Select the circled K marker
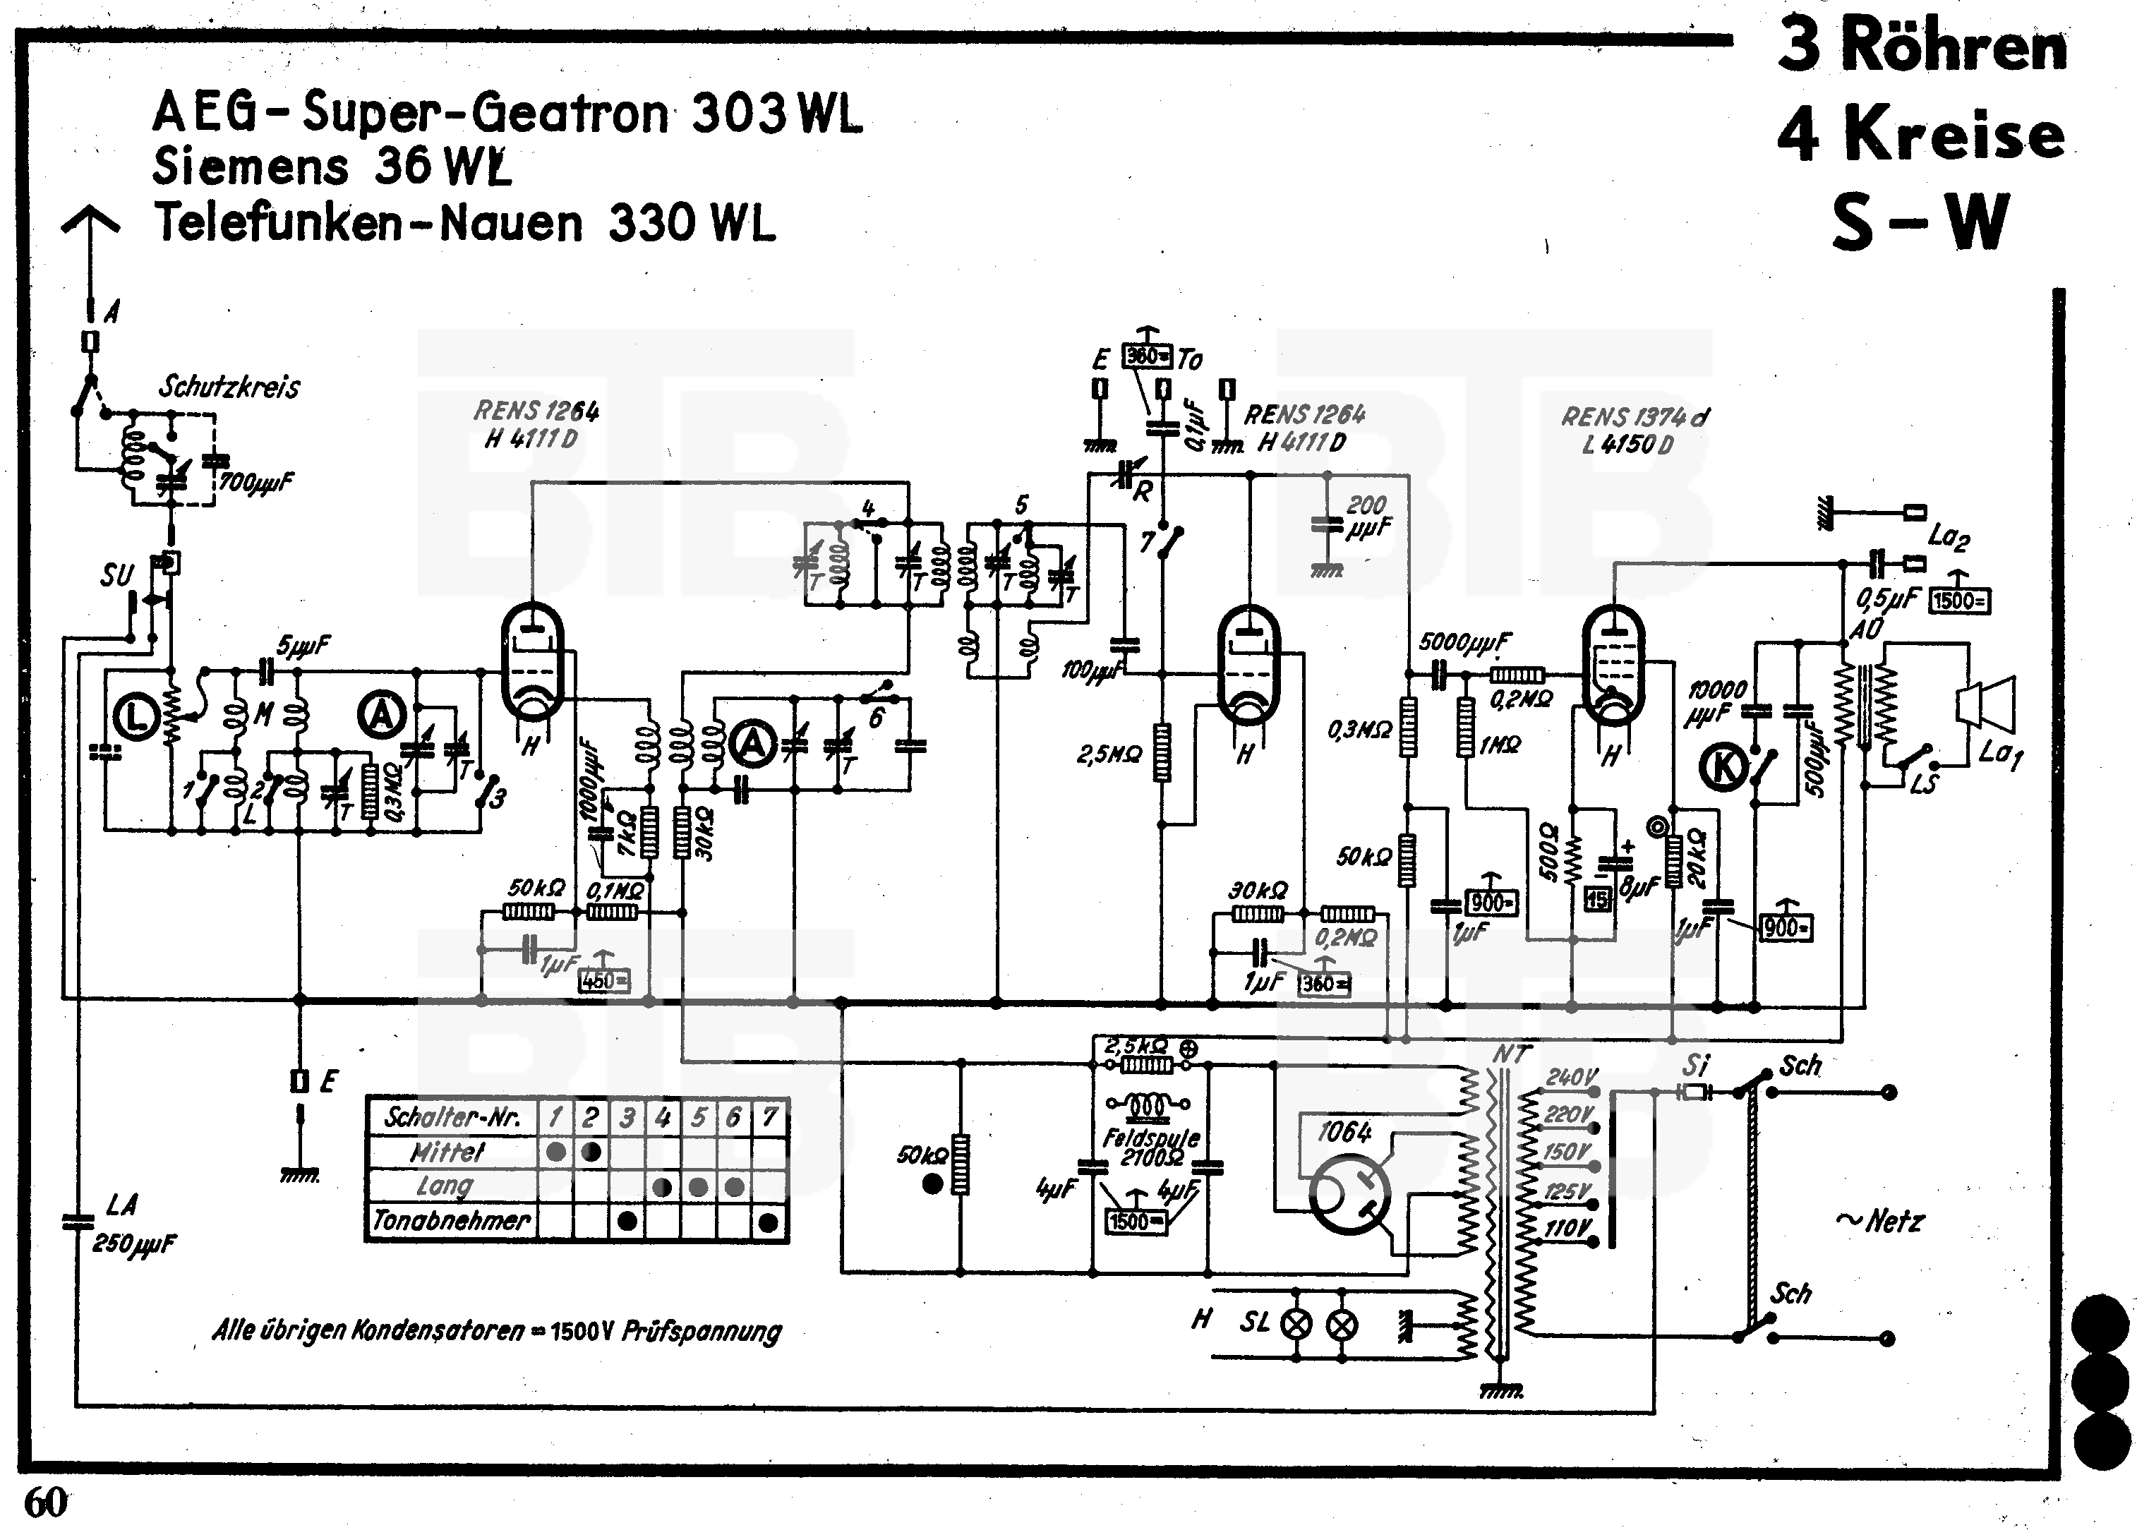tap(1724, 766)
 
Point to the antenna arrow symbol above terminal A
tap(90, 226)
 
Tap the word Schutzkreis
tap(229, 386)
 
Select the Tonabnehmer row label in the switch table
tap(452, 1221)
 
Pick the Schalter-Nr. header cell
tap(452, 1117)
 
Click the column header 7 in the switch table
tap(770, 1117)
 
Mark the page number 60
tap(46, 1502)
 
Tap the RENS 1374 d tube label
tap(1635, 416)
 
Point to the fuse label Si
tap(1695, 1066)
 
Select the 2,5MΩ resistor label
tap(1109, 754)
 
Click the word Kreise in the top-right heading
tap(1954, 135)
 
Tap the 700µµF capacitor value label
tap(256, 483)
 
